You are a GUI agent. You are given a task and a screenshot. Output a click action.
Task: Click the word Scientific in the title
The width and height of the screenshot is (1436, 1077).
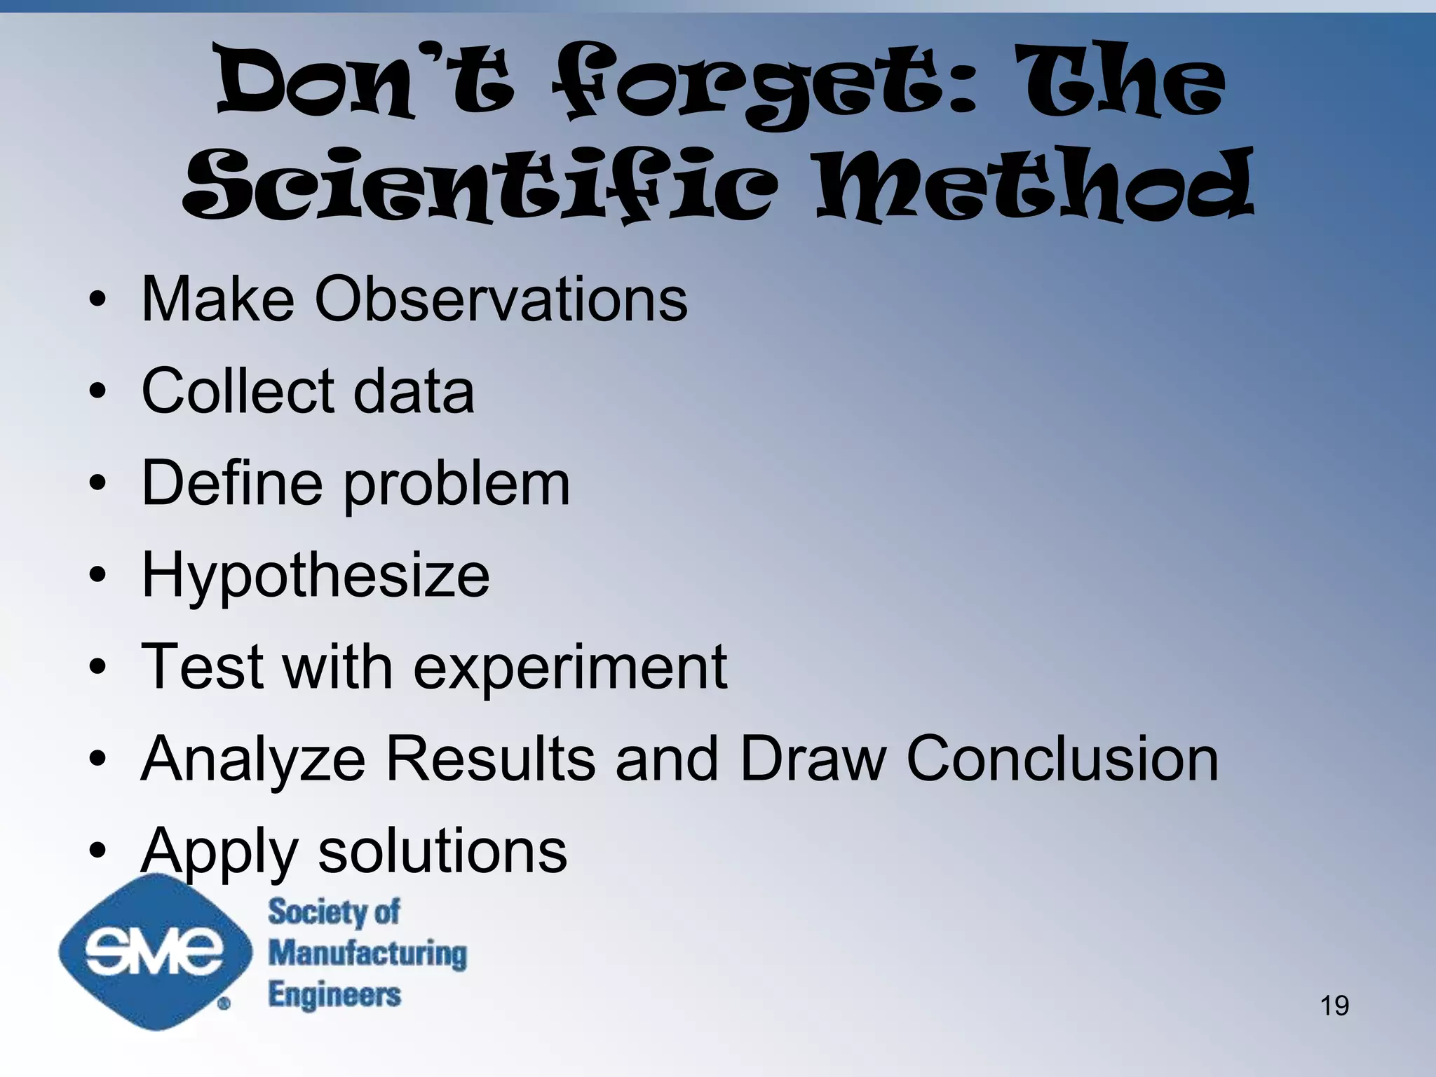tap(480, 186)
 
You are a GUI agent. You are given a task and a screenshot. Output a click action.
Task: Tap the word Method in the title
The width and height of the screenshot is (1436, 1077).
tap(1035, 186)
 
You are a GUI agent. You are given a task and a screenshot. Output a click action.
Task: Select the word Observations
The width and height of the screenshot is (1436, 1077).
tap(501, 299)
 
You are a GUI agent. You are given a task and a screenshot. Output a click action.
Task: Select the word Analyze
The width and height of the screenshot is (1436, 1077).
tap(253, 760)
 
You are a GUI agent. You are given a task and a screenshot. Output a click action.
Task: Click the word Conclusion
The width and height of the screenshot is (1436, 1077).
tap(1062, 759)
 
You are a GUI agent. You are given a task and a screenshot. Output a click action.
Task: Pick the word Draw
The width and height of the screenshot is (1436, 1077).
tap(813, 759)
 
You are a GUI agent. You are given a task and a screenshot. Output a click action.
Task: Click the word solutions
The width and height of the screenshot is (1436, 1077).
tap(442, 851)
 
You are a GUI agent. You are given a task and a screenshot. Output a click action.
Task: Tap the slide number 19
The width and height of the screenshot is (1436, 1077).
tap(1334, 1005)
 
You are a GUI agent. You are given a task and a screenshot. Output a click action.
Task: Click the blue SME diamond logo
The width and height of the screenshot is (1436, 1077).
tap(154, 951)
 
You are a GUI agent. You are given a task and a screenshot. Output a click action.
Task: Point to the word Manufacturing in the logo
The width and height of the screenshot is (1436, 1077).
tap(367, 954)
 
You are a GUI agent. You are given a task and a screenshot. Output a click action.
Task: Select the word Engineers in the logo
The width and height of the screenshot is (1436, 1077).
tap(334, 994)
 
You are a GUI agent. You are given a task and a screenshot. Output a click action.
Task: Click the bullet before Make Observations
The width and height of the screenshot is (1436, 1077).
tap(97, 301)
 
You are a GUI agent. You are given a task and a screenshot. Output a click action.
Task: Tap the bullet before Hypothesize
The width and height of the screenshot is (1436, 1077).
tap(97, 576)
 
